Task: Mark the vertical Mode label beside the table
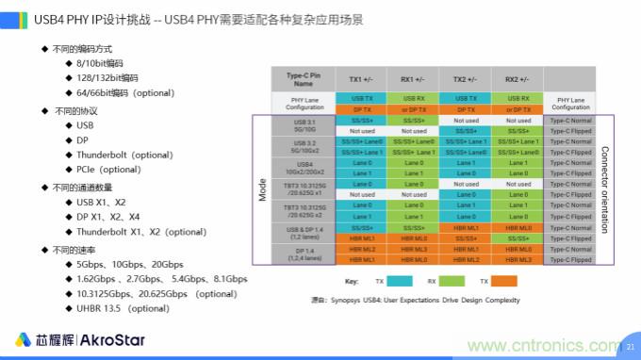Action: [x=263, y=189]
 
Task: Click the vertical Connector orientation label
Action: [x=604, y=189]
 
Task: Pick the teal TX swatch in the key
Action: [x=398, y=282]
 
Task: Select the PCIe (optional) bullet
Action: [x=108, y=170]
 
